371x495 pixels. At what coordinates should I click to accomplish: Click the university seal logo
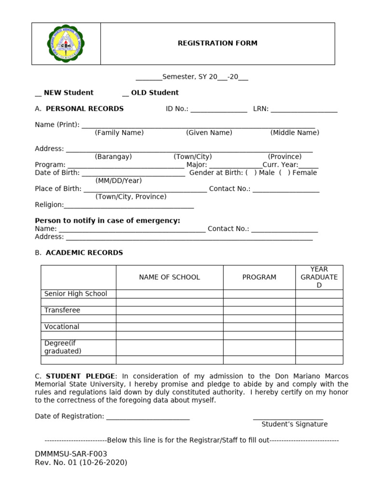(x=66, y=44)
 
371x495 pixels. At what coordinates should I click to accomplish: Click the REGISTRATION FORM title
(x=217, y=43)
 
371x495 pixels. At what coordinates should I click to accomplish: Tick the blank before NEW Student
(x=38, y=93)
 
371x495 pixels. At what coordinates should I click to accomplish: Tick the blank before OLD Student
(x=126, y=93)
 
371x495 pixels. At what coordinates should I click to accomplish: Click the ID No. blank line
(x=219, y=110)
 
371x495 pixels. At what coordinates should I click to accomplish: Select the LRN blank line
(x=304, y=110)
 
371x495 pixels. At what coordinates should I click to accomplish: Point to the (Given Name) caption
(x=209, y=132)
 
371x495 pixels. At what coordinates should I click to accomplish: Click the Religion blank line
(x=128, y=205)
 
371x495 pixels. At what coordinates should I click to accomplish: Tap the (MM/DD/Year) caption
(x=119, y=180)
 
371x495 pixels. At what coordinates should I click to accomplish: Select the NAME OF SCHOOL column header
(x=169, y=277)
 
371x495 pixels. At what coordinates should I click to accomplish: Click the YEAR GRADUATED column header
(x=319, y=277)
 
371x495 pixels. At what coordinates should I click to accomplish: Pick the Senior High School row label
(x=76, y=293)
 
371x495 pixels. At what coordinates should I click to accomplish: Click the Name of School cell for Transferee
(x=169, y=310)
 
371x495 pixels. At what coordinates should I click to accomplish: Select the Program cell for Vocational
(x=259, y=327)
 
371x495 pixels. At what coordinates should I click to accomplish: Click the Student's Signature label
(x=294, y=424)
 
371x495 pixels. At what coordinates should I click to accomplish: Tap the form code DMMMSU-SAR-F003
(x=71, y=454)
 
